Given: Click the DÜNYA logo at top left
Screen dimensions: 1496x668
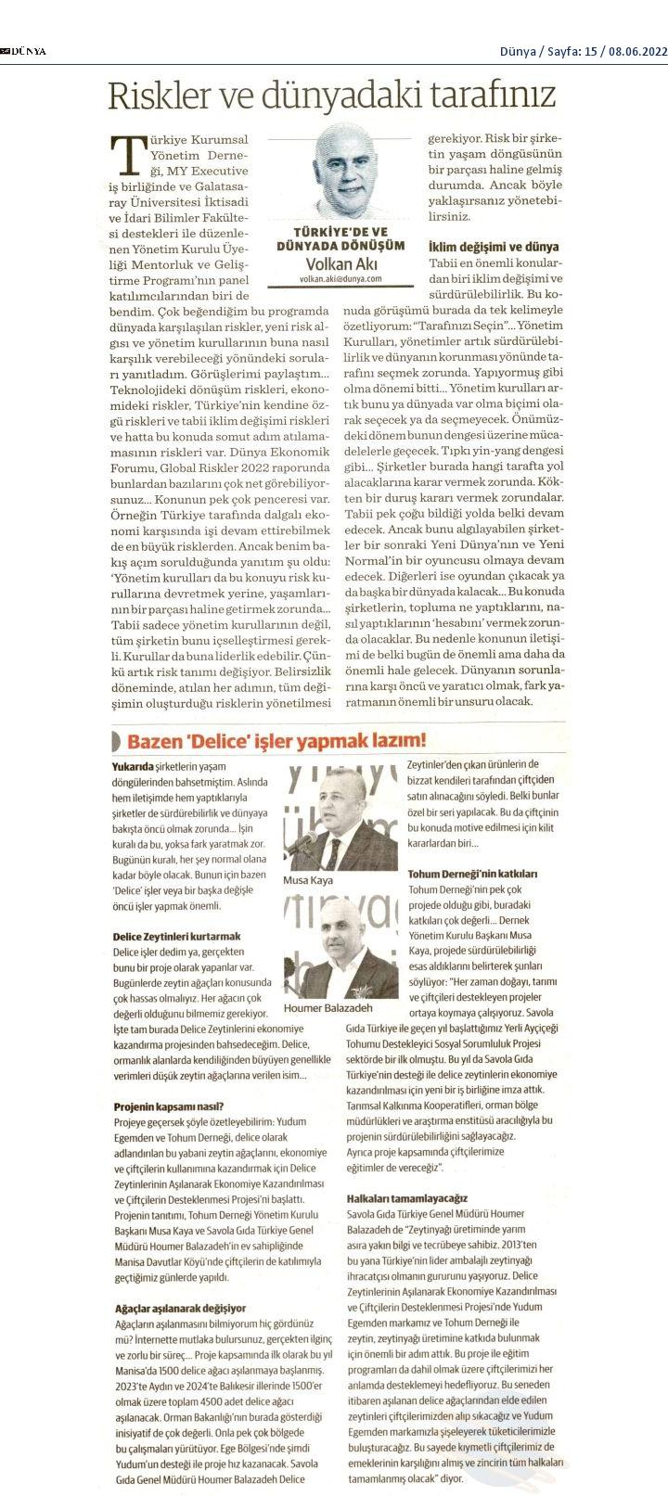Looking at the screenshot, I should (25, 51).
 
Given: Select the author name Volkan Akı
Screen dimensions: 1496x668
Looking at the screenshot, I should (340, 263).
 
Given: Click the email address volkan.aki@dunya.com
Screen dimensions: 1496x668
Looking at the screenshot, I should (340, 278).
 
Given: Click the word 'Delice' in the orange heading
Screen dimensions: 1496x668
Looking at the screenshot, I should (240, 740).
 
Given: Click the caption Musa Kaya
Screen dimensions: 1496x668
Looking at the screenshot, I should (307, 879).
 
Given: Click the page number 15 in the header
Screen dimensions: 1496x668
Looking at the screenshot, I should (592, 51).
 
